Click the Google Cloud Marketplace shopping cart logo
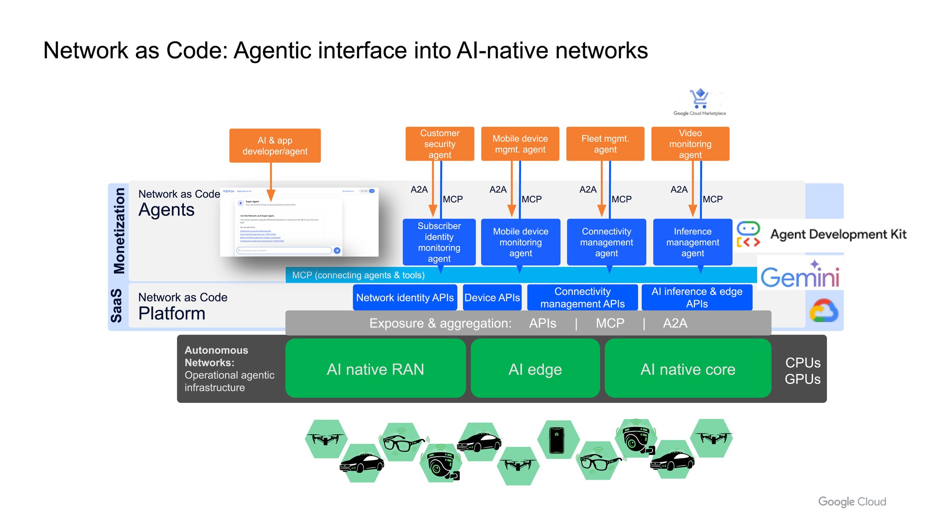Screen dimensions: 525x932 pyautogui.click(x=699, y=99)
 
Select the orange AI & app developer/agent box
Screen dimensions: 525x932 pyautogui.click(x=275, y=145)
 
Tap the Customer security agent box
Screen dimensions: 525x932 pyautogui.click(x=439, y=144)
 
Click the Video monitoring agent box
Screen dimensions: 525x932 pyautogui.click(x=690, y=144)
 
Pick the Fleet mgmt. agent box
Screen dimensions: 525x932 pyautogui.click(x=605, y=144)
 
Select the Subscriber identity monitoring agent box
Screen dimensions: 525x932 pyautogui.click(x=439, y=242)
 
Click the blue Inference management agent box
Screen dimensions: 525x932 pyautogui.click(x=692, y=242)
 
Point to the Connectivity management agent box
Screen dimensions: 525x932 pyautogui.click(x=606, y=242)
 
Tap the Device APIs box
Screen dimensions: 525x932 pyautogui.click(x=492, y=297)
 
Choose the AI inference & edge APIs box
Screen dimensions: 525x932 pyautogui.click(x=696, y=297)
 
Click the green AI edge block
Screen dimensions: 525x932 pyautogui.click(x=535, y=369)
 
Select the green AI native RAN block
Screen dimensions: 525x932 pyautogui.click(x=375, y=369)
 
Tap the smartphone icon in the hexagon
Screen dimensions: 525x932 pyautogui.click(x=557, y=440)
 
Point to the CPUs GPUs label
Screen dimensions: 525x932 pyautogui.click(x=802, y=371)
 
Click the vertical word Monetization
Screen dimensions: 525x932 pyautogui.click(x=119, y=231)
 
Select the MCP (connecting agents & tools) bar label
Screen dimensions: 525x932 pyautogui.click(x=358, y=275)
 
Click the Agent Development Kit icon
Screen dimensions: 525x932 pyautogui.click(x=748, y=234)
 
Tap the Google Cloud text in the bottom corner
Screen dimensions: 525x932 pyautogui.click(x=852, y=501)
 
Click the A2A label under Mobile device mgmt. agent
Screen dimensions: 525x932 pyautogui.click(x=498, y=190)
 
